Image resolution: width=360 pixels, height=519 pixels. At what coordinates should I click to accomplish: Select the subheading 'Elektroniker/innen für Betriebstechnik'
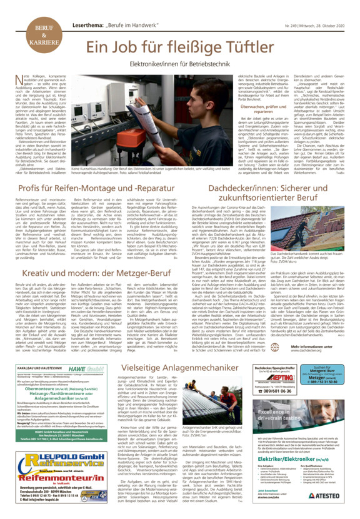tap(196, 64)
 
